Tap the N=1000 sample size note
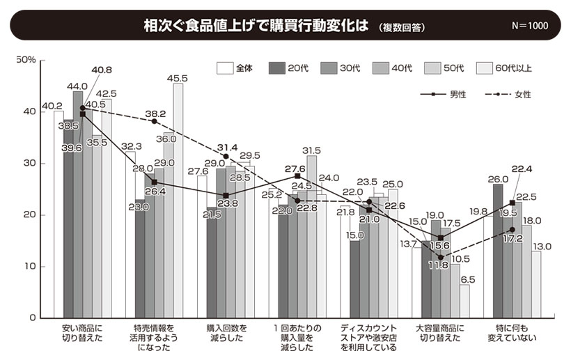[529, 26]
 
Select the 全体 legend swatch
[224, 68]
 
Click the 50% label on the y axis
[26, 61]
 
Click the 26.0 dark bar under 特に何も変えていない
[498, 251]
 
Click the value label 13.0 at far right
[541, 246]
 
